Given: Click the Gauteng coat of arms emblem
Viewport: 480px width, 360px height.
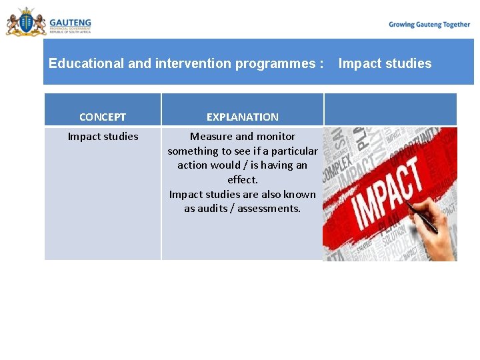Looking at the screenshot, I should [26, 22].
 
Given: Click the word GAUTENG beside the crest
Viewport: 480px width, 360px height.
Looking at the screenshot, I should [70, 22].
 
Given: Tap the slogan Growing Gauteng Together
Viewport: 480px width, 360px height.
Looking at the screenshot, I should [429, 25].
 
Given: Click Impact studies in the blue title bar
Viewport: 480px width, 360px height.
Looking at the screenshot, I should [385, 64].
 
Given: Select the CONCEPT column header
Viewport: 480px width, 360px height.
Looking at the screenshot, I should [103, 117].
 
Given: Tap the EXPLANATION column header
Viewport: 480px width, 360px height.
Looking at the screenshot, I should [243, 117].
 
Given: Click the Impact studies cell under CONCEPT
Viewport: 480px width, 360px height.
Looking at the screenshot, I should [103, 137].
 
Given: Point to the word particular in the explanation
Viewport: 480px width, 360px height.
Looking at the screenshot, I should [294, 151].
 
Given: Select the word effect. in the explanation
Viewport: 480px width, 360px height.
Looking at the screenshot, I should [243, 180].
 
